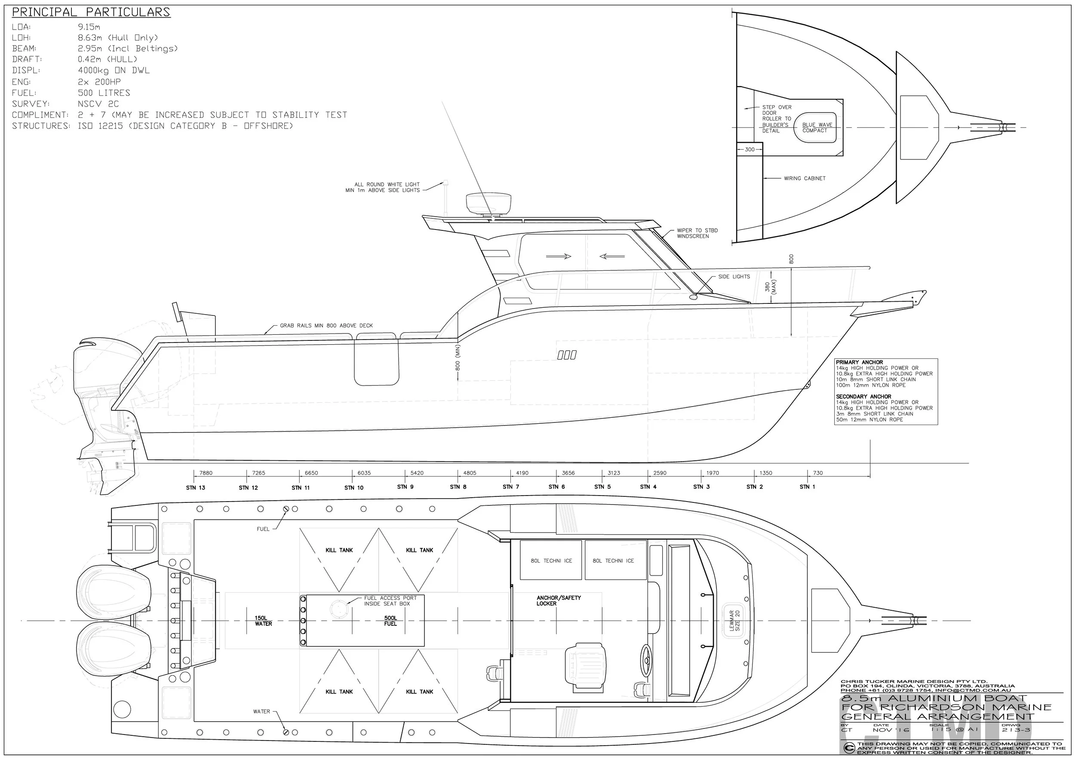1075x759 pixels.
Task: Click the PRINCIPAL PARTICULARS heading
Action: click(x=91, y=12)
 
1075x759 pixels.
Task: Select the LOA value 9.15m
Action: click(x=89, y=27)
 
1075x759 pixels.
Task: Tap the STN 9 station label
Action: click(x=405, y=487)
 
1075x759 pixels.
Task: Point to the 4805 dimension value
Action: click(x=470, y=473)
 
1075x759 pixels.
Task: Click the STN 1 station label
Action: click(x=807, y=487)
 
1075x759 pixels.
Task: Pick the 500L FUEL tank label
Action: click(x=390, y=621)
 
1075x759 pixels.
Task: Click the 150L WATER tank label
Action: click(x=264, y=621)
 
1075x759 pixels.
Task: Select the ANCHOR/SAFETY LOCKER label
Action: click(x=559, y=601)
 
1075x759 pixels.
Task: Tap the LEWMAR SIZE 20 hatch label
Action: click(x=734, y=621)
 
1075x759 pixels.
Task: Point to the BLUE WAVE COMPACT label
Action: click(x=817, y=128)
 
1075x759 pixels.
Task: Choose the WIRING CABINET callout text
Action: click(x=805, y=178)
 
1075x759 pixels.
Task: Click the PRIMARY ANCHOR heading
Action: click(x=859, y=362)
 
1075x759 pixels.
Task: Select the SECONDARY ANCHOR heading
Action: click(x=863, y=396)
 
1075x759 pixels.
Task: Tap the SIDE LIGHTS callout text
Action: click(x=734, y=276)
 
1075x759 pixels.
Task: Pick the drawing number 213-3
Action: click(x=1016, y=730)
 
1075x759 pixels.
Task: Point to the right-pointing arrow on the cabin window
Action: click(x=559, y=257)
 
